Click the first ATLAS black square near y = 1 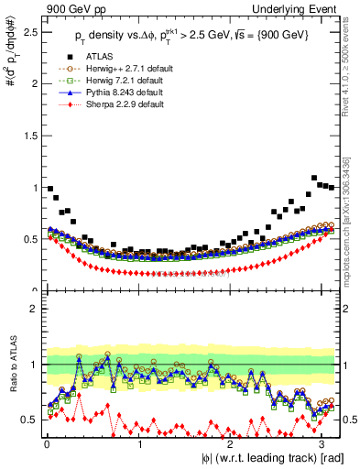point(49,188)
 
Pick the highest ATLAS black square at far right point(314,178)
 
